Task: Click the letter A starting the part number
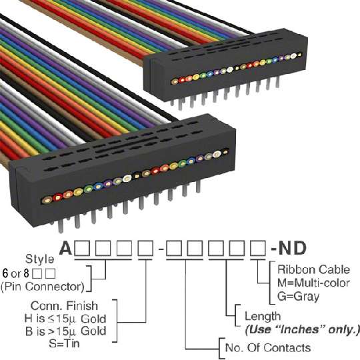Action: point(66,248)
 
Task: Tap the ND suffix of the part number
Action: point(292,248)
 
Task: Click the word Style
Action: point(40,259)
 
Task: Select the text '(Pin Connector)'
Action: point(43,287)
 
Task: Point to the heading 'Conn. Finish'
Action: point(64,306)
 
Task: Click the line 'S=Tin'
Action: point(64,343)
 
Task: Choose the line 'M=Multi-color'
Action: point(313,283)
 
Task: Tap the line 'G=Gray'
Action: point(298,296)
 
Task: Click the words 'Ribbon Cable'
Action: point(313,269)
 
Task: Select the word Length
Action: point(263,317)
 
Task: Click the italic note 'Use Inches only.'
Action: point(302,330)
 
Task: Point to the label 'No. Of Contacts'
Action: point(268,347)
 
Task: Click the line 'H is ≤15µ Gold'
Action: point(65,319)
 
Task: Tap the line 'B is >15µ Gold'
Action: point(65,331)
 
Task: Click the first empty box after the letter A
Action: point(82,248)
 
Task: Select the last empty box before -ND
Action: point(258,248)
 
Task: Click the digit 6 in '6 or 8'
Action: point(5,273)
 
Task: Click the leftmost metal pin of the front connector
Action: point(61,226)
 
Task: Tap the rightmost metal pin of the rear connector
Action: point(277,82)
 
